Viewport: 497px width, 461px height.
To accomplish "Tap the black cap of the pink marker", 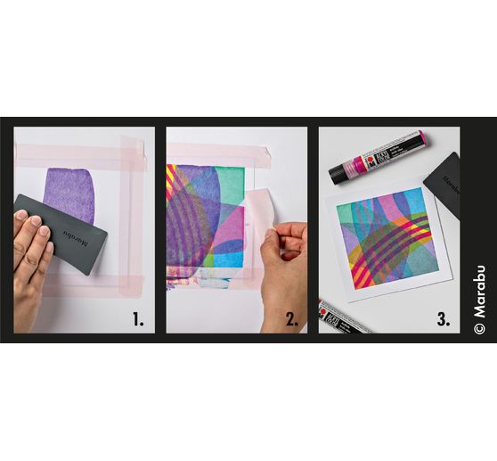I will pos(343,169).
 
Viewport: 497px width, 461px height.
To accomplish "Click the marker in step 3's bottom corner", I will pos(343,317).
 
